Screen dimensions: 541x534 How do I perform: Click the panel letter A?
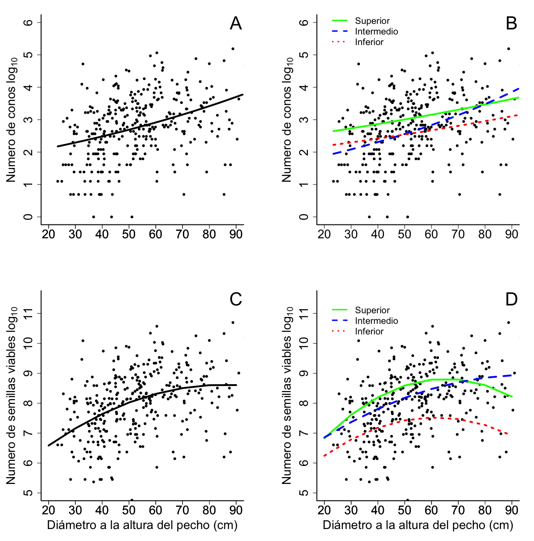pos(236,23)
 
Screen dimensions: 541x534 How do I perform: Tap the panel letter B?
pos(511,23)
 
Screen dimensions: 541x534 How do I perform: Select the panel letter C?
pos(236,299)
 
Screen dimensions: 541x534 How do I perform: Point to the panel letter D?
pos(511,299)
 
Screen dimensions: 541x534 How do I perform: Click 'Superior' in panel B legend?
pos(372,21)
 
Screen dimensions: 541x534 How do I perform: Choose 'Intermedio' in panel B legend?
pos(376,31)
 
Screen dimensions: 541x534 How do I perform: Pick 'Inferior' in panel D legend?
pos(369,331)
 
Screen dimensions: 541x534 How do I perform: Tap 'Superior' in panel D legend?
pos(372,310)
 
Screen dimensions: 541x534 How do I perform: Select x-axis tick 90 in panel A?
pos(236,234)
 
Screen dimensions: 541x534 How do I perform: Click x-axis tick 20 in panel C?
pos(48,510)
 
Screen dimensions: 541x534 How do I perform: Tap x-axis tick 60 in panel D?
pos(431,510)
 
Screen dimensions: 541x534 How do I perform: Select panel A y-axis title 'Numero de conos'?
pos(11,120)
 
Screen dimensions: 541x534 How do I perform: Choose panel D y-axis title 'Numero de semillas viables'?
pos(287,396)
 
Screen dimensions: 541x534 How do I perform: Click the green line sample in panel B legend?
pos(340,21)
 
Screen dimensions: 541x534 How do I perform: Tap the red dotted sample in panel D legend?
pos(340,331)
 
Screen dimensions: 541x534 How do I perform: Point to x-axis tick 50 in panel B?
pos(404,234)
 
